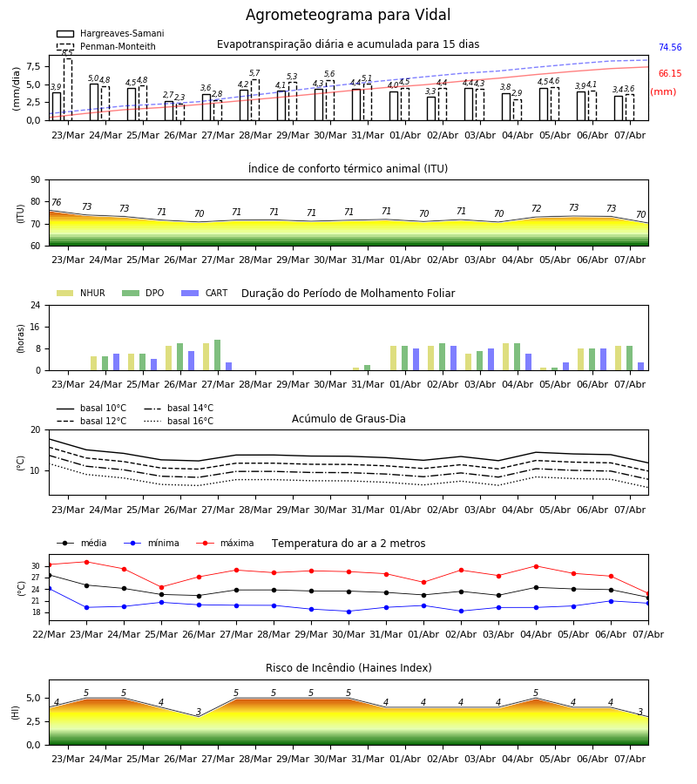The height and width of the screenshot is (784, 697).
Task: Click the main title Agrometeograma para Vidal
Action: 348,15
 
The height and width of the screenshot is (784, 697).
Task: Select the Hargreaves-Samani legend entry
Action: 110,33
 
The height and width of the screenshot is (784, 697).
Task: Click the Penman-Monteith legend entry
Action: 106,46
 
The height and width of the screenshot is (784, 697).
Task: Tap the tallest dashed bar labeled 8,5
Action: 67,90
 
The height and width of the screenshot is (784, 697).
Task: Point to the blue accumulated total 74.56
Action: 670,48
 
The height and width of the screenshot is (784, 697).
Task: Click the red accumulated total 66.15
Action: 670,73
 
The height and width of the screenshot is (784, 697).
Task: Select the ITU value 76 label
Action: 56,202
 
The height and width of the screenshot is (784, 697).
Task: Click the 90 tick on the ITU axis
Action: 35,180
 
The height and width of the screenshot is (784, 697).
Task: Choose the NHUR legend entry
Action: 81,293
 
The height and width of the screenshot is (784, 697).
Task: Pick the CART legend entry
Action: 205,293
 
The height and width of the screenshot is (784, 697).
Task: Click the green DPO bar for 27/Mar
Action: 218,355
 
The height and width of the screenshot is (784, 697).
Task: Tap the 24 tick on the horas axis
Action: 35,305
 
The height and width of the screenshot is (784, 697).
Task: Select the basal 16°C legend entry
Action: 179,421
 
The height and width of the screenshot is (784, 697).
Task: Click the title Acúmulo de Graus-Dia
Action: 348,419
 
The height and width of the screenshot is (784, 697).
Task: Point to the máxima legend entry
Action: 225,543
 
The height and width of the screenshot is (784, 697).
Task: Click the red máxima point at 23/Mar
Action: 86,562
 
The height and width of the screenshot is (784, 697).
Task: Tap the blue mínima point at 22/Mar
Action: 49,589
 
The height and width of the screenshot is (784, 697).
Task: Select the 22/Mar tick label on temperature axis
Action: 49,634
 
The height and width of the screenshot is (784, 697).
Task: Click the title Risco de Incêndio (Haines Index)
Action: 348,668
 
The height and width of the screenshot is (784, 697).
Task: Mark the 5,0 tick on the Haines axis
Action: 33,698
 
